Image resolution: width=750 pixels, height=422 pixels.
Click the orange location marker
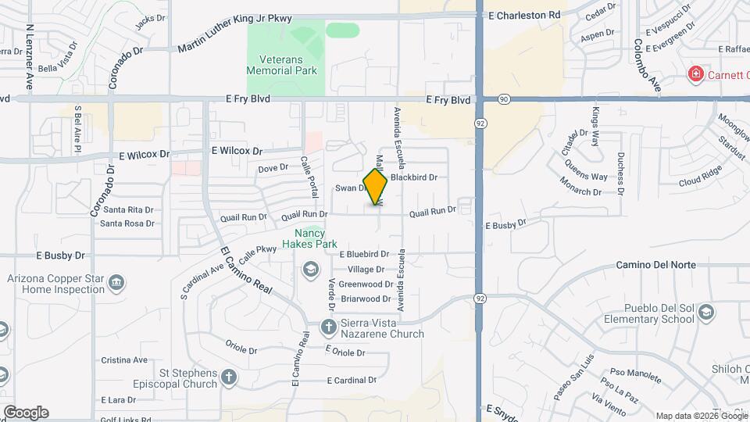(376, 186)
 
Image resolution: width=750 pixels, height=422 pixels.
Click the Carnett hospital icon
(695, 74)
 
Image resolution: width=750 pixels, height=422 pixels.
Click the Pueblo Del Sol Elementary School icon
(706, 313)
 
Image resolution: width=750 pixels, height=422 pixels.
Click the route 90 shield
(504, 99)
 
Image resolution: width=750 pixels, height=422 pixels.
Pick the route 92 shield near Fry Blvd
(479, 123)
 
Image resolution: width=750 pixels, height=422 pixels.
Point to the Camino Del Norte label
(655, 265)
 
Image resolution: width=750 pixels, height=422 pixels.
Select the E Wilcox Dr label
(237, 150)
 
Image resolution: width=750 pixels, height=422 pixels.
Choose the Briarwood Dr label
(365, 299)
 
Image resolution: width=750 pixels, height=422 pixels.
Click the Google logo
(26, 412)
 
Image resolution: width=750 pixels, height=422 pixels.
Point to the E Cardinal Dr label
(352, 381)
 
